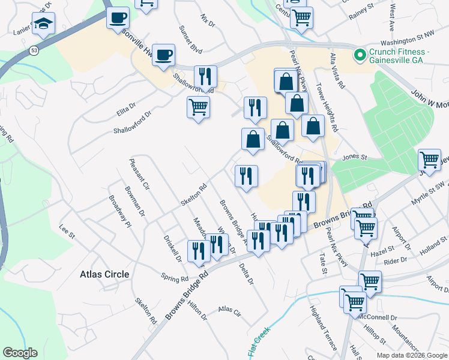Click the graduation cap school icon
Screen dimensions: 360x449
click(x=43, y=25)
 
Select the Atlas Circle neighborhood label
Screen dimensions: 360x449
click(x=104, y=274)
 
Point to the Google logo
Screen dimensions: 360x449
click(x=20, y=353)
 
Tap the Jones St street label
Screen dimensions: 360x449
click(x=354, y=157)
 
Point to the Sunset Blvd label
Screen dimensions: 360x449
click(x=190, y=39)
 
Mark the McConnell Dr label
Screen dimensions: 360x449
click(x=378, y=316)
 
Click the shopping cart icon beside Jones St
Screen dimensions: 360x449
click(x=429, y=160)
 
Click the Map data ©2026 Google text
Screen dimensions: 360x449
click(x=412, y=355)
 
